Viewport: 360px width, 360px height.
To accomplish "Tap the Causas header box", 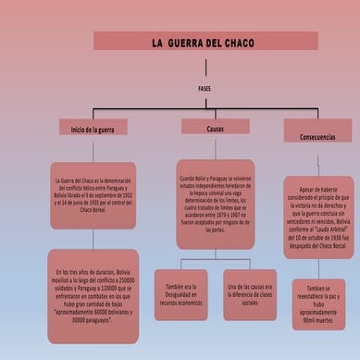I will click(x=215, y=127).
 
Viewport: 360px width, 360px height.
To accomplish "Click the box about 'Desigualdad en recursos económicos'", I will click(x=180, y=294).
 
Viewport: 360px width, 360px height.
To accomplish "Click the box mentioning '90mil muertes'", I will click(x=319, y=306).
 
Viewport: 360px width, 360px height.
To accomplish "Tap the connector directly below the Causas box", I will click(x=215, y=146).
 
